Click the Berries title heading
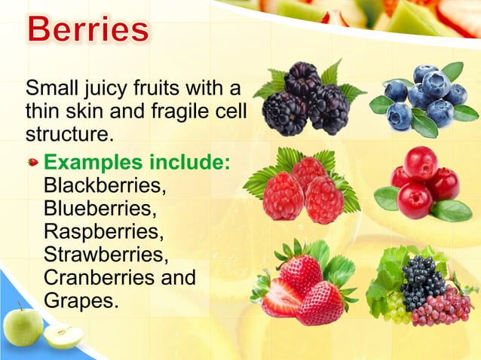(88, 29)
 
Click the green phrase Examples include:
(136, 162)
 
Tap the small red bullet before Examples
(32, 162)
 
